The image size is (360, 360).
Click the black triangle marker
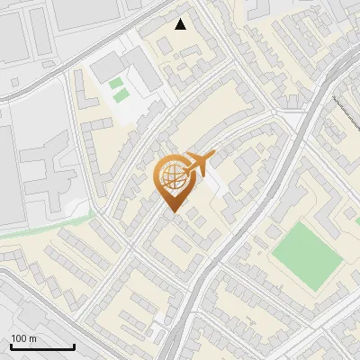point(181,24)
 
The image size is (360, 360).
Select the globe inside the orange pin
point(171,177)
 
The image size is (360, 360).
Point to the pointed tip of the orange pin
point(171,211)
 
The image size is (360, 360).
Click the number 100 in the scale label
point(19,338)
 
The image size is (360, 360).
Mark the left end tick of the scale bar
point(11,346)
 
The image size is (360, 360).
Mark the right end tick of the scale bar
point(74,346)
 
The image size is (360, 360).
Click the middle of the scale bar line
point(42,347)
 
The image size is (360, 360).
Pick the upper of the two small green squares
point(116,84)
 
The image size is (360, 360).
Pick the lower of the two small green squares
point(118,95)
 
